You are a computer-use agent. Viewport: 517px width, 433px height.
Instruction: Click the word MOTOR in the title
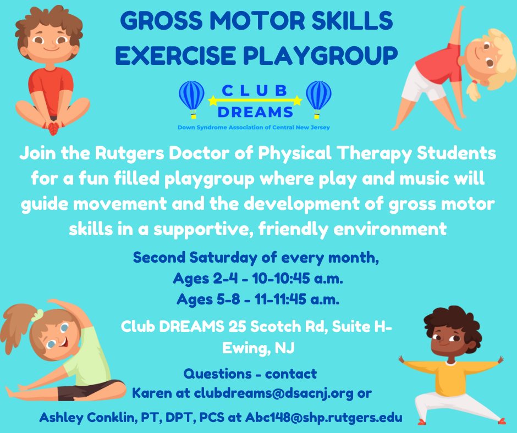point(258,20)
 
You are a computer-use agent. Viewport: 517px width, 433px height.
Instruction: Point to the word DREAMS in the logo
point(255,112)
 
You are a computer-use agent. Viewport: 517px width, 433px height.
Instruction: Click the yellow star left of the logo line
point(213,100)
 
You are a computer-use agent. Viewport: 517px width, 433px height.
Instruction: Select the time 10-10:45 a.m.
point(298,279)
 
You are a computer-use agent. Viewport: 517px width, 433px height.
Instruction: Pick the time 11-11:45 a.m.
point(297,299)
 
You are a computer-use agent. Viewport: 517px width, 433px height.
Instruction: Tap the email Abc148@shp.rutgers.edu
point(324,418)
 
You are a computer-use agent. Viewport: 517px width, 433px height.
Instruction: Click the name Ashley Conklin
point(87,418)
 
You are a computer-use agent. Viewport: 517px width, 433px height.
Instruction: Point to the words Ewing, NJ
point(258,348)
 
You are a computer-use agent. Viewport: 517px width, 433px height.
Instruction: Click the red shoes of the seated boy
point(53,127)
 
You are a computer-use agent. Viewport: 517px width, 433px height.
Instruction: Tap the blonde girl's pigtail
point(474,90)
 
